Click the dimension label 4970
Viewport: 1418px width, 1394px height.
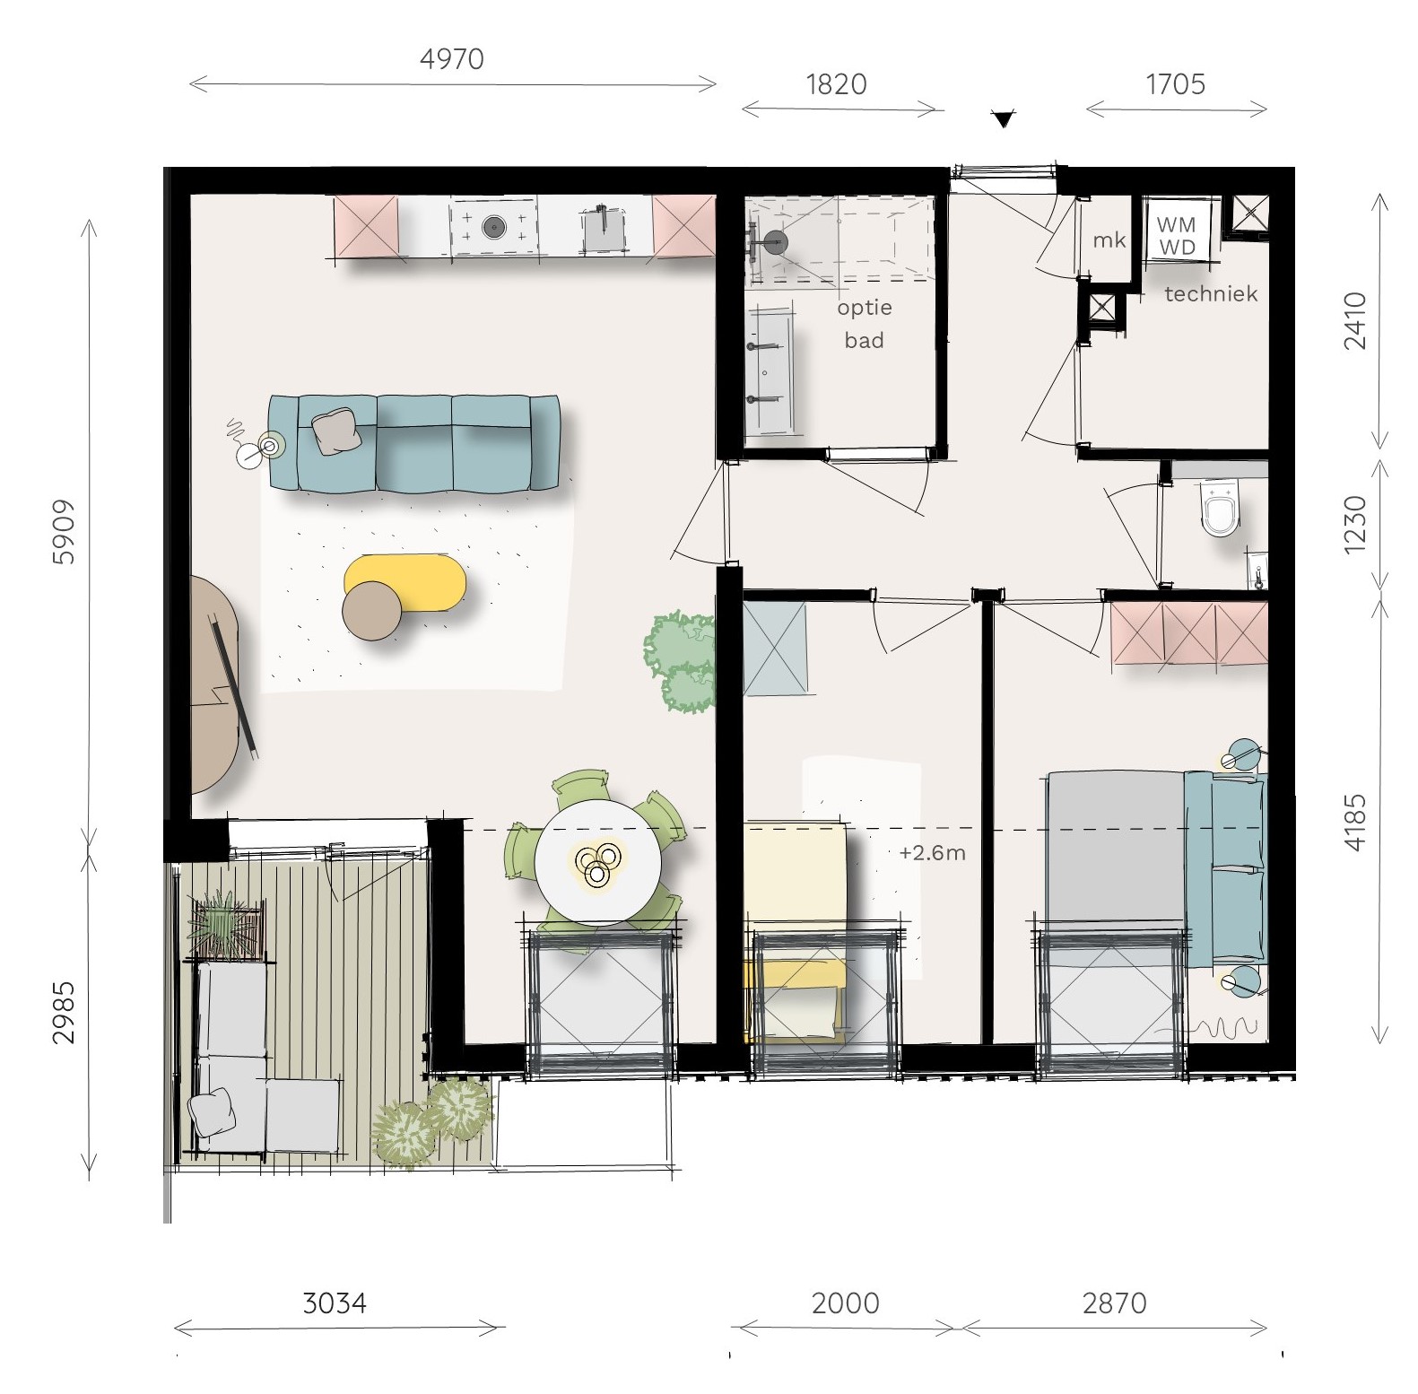click(452, 59)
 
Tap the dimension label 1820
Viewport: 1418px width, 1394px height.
click(836, 84)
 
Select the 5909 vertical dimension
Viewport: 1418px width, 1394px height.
click(64, 532)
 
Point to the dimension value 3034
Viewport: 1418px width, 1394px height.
click(335, 1303)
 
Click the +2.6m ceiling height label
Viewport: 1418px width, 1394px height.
click(932, 852)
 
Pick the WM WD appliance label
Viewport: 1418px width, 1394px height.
click(1176, 236)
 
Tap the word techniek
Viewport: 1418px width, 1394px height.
click(1211, 293)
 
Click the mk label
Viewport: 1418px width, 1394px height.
click(1109, 240)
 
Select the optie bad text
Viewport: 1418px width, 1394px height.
click(865, 324)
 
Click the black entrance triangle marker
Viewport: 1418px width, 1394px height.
click(1004, 118)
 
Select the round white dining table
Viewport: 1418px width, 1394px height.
click(597, 862)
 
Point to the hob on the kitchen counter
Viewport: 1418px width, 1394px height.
click(494, 226)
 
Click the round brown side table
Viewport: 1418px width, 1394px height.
click(372, 611)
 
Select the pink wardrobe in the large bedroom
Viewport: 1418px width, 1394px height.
click(1188, 633)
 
